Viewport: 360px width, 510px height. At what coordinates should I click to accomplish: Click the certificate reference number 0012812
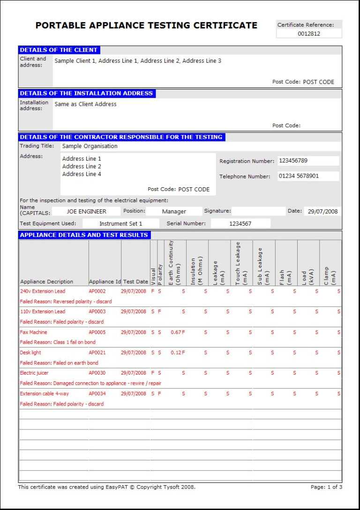coord(309,34)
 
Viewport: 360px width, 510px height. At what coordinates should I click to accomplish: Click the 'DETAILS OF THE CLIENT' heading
coord(59,50)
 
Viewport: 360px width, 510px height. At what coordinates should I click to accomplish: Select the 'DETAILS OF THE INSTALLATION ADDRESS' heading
coord(86,93)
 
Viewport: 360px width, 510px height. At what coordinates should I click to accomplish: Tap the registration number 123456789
coord(293,161)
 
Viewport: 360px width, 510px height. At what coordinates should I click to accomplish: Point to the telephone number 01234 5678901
coord(299,176)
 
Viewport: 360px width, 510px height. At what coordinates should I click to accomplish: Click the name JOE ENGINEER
coord(86,212)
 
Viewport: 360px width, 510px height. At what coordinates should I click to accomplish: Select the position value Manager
coord(174,212)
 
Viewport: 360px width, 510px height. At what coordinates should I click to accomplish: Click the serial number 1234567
coord(240,224)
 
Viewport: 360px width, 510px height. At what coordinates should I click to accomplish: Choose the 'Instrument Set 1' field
coord(120,224)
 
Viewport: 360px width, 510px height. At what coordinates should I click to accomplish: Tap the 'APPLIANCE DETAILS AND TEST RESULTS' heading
coord(84,235)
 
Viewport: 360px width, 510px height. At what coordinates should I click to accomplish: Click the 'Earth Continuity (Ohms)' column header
coord(174,263)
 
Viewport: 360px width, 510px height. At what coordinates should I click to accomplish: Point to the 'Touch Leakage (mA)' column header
coord(241,263)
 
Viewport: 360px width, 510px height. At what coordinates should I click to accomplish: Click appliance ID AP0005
coord(97,332)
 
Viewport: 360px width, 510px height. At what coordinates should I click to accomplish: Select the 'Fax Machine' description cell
coord(34,332)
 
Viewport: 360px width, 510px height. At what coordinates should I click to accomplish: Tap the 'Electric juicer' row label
coord(34,373)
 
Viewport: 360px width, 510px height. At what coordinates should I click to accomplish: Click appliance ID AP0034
coord(97,394)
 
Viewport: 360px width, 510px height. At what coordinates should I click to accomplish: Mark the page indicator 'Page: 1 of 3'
coord(326,487)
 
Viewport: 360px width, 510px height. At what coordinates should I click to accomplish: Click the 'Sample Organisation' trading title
coord(90,146)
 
